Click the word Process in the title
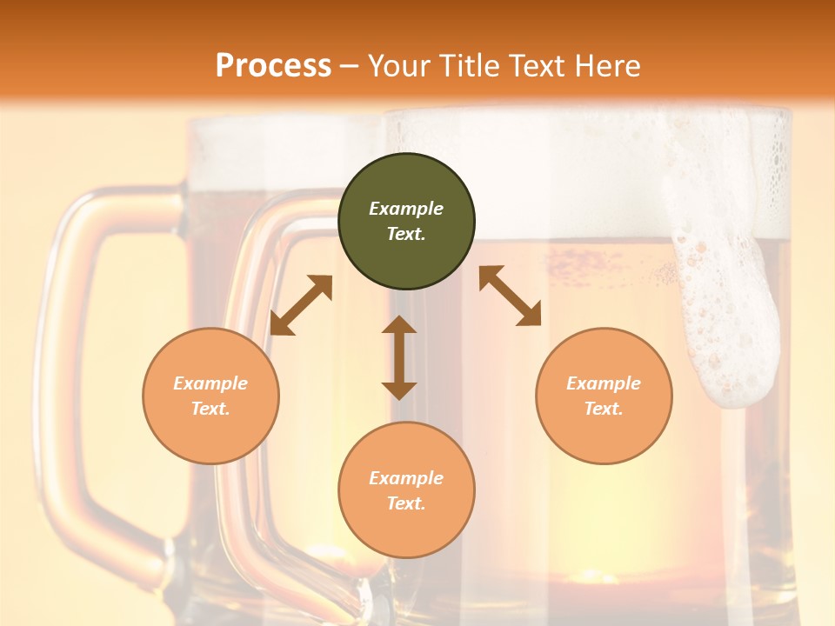tap(273, 66)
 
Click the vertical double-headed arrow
tap(399, 357)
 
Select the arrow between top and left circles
tap(301, 305)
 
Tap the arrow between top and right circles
tap(511, 296)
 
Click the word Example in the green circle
tap(406, 209)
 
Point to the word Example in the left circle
tap(210, 383)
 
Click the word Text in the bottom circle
tap(406, 504)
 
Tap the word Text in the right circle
tap(604, 409)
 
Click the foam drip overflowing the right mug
tap(726, 322)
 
